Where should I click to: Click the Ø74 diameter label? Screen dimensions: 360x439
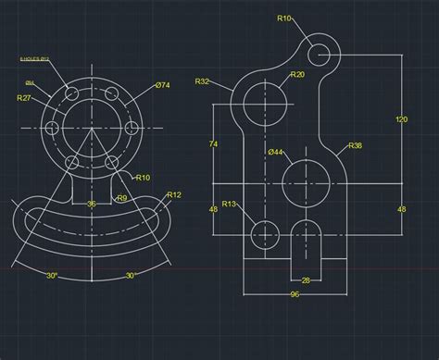[x=162, y=85]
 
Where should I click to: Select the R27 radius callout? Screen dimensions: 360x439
[x=25, y=97]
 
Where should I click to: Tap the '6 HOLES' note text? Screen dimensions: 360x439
[x=33, y=59]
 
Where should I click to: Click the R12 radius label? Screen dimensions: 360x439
[x=173, y=195]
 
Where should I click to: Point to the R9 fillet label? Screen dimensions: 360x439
[x=121, y=197]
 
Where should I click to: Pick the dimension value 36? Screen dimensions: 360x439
[x=91, y=204]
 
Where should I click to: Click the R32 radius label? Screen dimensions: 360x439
[x=202, y=81]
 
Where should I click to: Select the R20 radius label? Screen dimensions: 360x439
[x=296, y=75]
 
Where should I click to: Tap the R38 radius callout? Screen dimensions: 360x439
[x=355, y=146]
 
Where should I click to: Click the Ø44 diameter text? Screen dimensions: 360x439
[x=275, y=152]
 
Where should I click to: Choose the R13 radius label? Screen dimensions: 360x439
[x=230, y=204]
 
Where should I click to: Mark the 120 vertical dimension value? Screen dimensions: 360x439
[x=401, y=119]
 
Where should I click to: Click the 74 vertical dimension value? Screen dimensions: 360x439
[x=213, y=143]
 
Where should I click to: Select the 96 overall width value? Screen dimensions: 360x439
[x=295, y=295]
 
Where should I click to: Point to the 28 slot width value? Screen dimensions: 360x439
[x=305, y=279]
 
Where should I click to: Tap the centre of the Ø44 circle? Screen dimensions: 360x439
[x=305, y=181]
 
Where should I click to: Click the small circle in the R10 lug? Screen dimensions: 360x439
[x=320, y=54]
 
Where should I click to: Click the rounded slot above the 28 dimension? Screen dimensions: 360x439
[x=305, y=242]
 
